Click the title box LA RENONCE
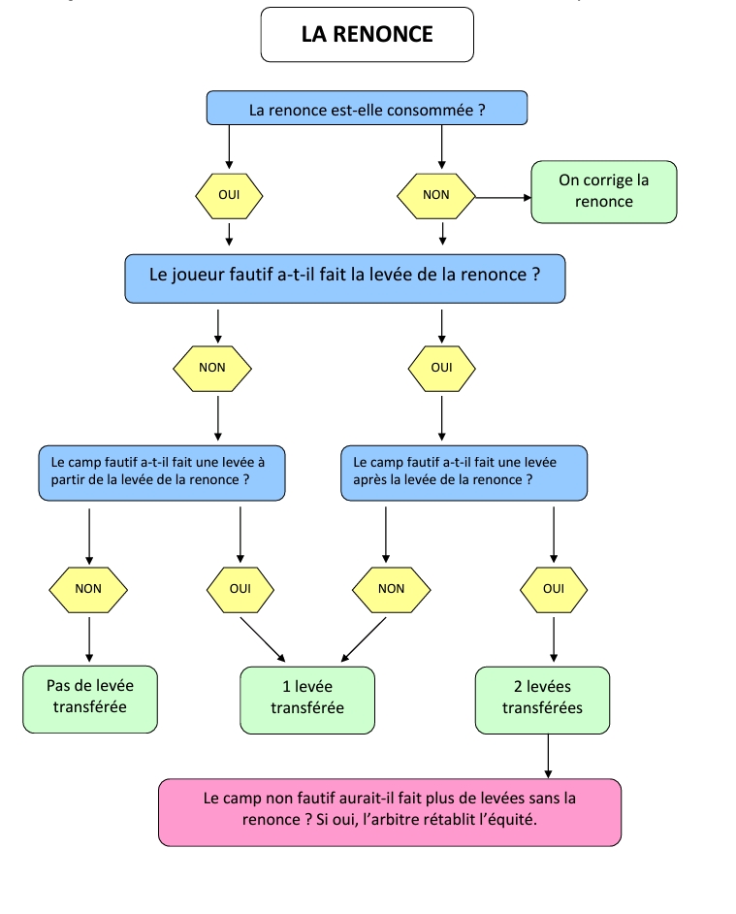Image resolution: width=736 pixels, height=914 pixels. (x=367, y=35)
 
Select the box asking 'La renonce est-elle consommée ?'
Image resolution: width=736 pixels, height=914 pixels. (x=367, y=109)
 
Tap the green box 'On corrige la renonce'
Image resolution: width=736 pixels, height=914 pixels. (x=603, y=191)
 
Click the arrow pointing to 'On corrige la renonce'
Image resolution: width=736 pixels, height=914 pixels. (x=503, y=197)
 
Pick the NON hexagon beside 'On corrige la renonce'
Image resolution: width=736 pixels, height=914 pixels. (x=436, y=195)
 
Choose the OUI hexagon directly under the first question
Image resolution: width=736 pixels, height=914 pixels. (x=229, y=195)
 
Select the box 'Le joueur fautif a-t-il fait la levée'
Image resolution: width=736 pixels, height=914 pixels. (x=344, y=276)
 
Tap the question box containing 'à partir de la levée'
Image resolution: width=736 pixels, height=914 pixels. (x=161, y=472)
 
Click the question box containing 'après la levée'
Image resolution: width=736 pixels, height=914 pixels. (x=464, y=472)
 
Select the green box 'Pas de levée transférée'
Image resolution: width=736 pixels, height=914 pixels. (x=89, y=698)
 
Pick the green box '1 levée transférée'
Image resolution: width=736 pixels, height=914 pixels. (x=306, y=699)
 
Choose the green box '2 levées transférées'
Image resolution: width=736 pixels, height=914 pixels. (x=542, y=699)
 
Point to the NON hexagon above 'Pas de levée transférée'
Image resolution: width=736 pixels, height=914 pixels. (x=88, y=588)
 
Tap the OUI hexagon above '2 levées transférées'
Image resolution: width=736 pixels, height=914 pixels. (x=553, y=588)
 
